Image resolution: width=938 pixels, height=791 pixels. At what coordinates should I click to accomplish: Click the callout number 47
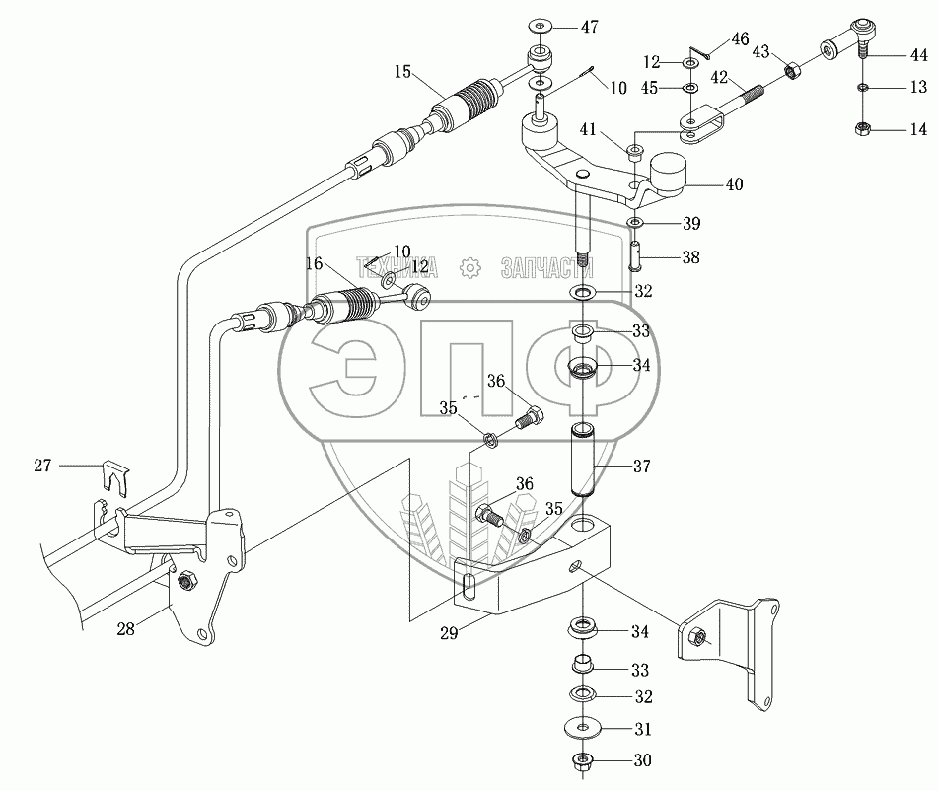(x=589, y=27)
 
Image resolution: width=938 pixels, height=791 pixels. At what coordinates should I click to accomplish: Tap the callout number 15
(x=402, y=72)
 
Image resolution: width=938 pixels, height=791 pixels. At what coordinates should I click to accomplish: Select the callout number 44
(x=919, y=55)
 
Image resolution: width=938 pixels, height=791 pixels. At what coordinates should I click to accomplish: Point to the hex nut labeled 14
(x=862, y=128)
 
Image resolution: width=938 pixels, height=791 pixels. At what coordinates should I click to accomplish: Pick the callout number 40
(x=734, y=184)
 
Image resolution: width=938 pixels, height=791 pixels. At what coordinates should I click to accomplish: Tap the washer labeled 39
(x=635, y=223)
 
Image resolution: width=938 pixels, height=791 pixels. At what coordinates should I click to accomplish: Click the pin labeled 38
(x=635, y=254)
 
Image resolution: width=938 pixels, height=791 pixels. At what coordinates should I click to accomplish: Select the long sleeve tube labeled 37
(x=584, y=460)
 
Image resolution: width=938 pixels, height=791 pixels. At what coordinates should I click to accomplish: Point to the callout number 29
(x=449, y=633)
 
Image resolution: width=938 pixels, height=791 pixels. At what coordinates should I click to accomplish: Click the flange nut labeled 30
(x=582, y=761)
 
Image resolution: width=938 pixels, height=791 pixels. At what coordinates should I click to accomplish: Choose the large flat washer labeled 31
(x=582, y=728)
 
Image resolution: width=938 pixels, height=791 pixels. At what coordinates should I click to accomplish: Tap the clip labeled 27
(x=117, y=477)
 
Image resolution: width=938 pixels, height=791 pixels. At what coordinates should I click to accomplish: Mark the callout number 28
(x=125, y=629)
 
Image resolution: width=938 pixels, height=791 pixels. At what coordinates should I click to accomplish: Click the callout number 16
(x=314, y=264)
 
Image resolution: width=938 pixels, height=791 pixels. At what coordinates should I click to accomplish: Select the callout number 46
(x=740, y=39)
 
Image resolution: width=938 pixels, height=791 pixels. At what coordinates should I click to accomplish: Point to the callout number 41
(x=588, y=129)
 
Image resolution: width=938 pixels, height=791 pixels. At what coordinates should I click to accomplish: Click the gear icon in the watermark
(x=470, y=268)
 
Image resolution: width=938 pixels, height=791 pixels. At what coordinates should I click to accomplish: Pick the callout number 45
(x=649, y=88)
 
